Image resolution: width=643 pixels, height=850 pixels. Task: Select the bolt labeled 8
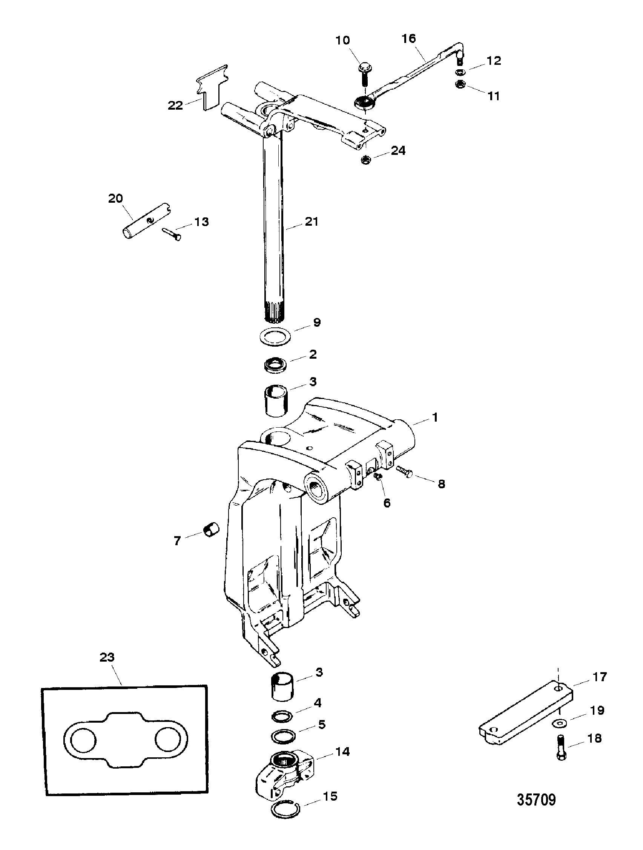point(404,471)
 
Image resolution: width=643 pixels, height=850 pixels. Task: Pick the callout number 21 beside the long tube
point(311,222)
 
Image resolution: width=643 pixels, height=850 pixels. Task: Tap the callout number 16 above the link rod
point(409,39)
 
